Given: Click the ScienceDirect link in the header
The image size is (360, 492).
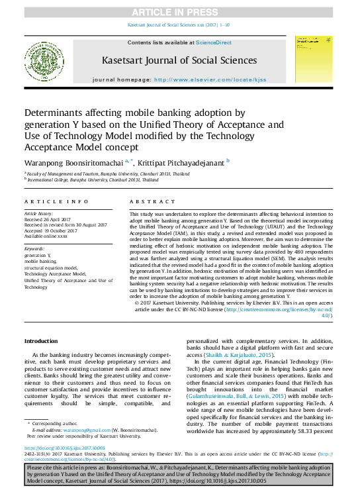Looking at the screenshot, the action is tap(214, 42).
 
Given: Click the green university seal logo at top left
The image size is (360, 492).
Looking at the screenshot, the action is tap(44, 60).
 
